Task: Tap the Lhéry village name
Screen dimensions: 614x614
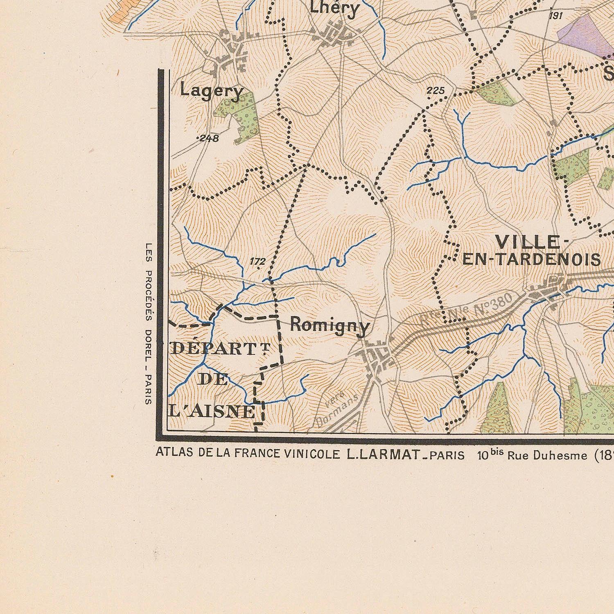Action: coord(334,8)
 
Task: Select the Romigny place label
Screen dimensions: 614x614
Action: coord(330,326)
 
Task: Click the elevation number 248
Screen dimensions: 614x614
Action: coord(209,138)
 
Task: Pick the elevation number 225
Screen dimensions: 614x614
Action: coord(435,90)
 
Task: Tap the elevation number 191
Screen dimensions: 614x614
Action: coord(556,16)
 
